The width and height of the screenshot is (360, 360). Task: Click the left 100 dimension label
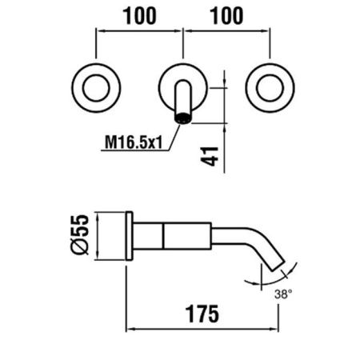click(x=139, y=16)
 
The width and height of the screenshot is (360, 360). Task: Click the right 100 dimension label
click(x=227, y=16)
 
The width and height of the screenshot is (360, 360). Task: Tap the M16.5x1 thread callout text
click(x=134, y=142)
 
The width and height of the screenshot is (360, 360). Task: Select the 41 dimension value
click(x=210, y=156)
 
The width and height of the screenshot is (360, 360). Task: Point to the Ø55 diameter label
click(x=80, y=234)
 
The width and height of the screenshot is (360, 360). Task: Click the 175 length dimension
click(x=202, y=314)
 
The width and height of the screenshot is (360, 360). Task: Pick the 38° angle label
click(x=283, y=294)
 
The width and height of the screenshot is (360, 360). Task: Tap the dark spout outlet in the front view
click(x=183, y=118)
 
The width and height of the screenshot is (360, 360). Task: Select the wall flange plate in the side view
click(x=130, y=236)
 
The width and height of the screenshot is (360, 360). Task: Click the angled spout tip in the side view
click(x=278, y=266)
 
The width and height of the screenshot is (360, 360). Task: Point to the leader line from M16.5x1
click(x=174, y=138)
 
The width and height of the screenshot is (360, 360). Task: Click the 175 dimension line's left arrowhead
click(x=130, y=330)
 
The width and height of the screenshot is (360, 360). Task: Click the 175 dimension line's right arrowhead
click(x=274, y=330)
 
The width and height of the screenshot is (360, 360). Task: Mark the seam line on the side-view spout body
click(x=163, y=236)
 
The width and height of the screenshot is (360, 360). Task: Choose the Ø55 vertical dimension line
click(x=98, y=236)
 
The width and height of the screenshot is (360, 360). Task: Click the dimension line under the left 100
click(x=139, y=31)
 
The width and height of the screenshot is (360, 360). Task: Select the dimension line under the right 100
click(x=226, y=31)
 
